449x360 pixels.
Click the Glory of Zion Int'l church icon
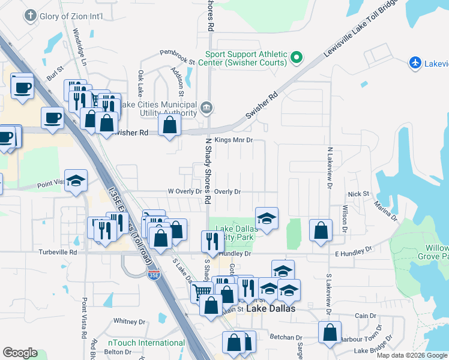coord(31,16)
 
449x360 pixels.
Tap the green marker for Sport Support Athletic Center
coord(296,58)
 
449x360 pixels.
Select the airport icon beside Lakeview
coord(415,62)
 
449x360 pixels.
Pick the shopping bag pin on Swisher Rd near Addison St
coord(170,125)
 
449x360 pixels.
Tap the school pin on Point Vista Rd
coord(76,180)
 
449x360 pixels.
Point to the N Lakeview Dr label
coord(330,167)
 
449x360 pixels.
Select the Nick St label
coord(358,194)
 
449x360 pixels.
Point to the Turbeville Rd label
coord(58,253)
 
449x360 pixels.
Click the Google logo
coord(20,352)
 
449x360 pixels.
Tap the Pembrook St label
coord(177,61)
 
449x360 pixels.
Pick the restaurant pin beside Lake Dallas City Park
coord(212,241)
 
